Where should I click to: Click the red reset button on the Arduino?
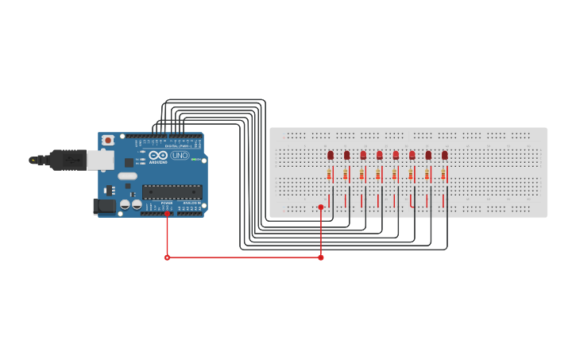click(x=107, y=141)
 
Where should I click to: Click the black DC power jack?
click(x=103, y=207)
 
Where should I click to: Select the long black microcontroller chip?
click(x=172, y=191)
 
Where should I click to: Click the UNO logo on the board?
click(x=180, y=155)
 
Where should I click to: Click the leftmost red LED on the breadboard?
click(x=331, y=155)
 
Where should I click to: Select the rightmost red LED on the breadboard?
click(x=444, y=155)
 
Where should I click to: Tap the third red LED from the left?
click(x=363, y=155)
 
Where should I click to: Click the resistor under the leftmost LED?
click(x=329, y=173)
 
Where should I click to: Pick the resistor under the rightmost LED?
click(x=443, y=173)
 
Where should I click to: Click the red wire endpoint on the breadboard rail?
click(x=321, y=207)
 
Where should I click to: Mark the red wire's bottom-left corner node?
click(x=167, y=257)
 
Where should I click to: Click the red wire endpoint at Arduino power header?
click(x=167, y=213)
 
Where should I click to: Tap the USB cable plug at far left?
click(x=33, y=160)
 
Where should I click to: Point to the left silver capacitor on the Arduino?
click(x=126, y=205)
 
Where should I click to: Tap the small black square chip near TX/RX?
click(x=129, y=163)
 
